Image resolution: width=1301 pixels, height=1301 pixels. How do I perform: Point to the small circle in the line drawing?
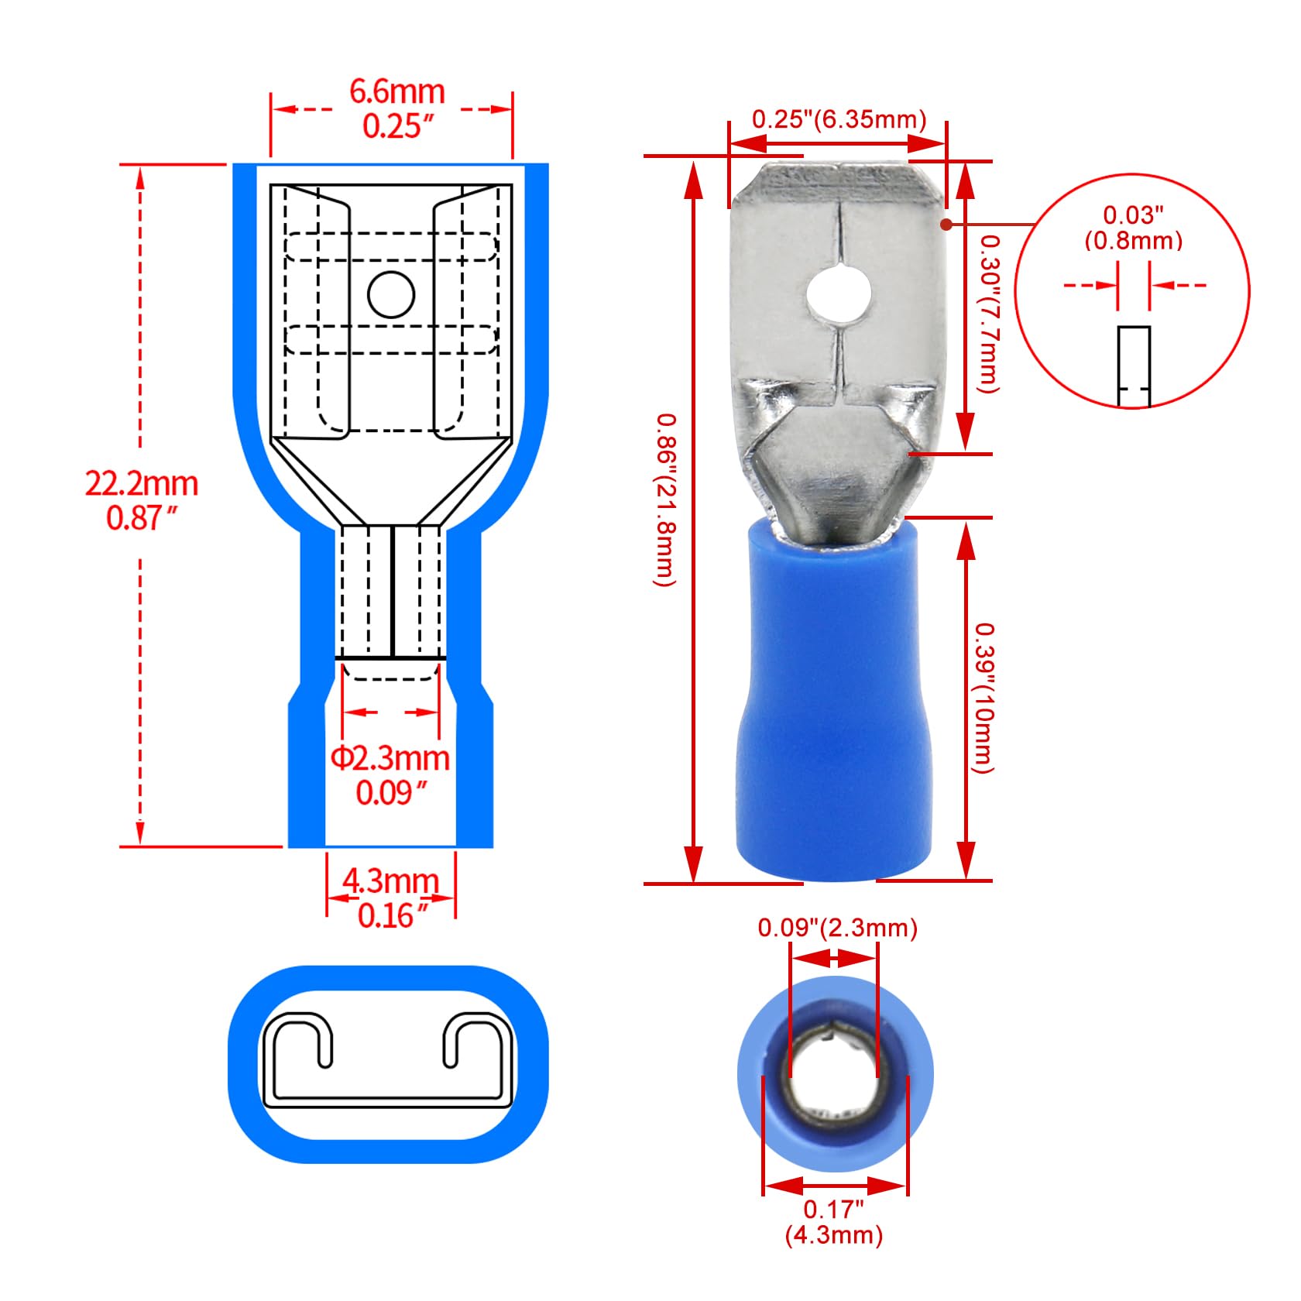tap(391, 294)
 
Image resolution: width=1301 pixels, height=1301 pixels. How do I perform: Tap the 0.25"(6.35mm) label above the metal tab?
tap(839, 119)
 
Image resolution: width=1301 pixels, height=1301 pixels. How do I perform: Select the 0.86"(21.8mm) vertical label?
tap(666, 499)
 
